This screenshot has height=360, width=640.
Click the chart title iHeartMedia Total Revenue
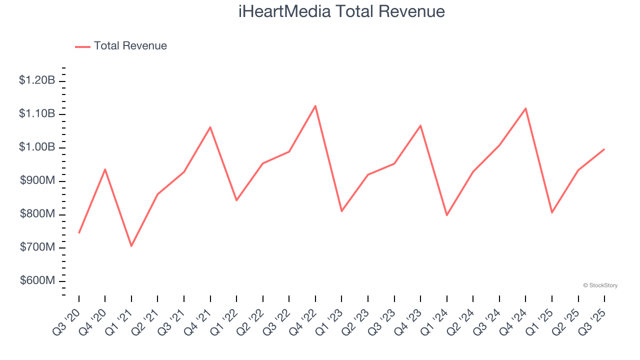click(341, 11)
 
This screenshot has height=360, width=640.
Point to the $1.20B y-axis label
click(37, 80)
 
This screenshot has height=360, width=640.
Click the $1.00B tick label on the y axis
click(37, 147)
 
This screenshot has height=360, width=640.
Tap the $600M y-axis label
click(37, 280)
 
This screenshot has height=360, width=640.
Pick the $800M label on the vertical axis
click(37, 214)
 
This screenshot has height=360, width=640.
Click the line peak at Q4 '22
click(315, 105)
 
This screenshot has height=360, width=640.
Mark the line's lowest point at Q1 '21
click(131, 246)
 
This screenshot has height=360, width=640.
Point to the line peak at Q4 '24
click(525, 108)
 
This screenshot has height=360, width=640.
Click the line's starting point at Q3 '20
click(79, 233)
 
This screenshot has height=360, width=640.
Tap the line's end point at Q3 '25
click(604, 149)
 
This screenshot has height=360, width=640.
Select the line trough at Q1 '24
click(446, 215)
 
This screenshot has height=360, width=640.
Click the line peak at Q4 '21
click(210, 127)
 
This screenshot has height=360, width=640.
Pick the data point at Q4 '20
click(105, 169)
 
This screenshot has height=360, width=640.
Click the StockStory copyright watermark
click(600, 285)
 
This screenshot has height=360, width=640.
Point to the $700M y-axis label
click(37, 247)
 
